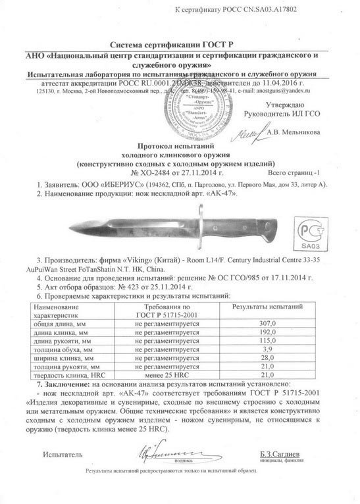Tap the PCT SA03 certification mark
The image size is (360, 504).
click(314, 231)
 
